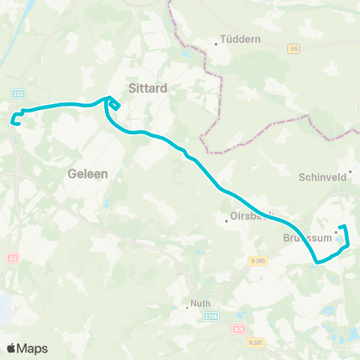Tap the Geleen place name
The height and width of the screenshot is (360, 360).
tap(88, 173)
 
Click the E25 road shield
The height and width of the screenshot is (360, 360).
tap(19, 93)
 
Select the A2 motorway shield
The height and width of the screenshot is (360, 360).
tap(12, 258)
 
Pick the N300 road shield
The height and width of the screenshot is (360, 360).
tap(257, 261)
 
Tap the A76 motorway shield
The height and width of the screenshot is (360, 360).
tap(238, 328)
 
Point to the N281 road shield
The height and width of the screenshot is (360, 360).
tap(255, 343)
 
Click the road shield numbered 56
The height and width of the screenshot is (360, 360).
tap(292, 48)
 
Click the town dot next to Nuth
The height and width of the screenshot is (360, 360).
tap(187, 307)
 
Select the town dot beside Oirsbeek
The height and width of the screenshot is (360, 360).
tap(226, 220)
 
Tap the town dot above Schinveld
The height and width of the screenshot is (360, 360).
tap(349, 170)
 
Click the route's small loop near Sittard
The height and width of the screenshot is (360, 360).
tap(115, 104)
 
